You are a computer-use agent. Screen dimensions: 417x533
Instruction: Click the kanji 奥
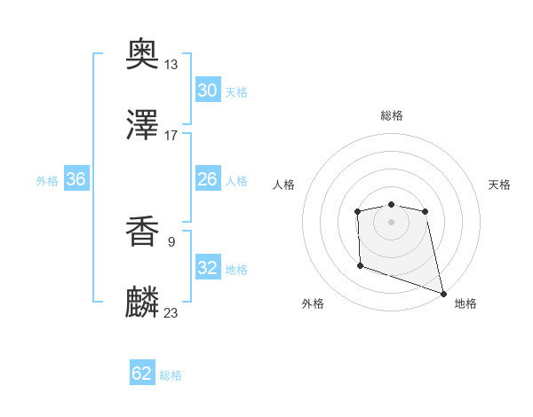click(x=143, y=56)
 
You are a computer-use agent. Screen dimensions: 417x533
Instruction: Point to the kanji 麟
click(x=143, y=302)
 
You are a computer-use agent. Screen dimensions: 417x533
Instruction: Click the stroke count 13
click(x=171, y=65)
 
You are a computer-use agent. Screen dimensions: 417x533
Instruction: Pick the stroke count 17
click(x=171, y=135)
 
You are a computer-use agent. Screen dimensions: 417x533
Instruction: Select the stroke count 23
click(x=171, y=311)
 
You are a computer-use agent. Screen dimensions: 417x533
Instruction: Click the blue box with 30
click(x=207, y=90)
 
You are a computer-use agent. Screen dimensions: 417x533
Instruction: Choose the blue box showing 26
click(x=207, y=179)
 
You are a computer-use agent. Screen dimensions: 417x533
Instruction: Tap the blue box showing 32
click(x=207, y=268)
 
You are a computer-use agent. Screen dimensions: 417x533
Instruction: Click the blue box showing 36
click(x=76, y=179)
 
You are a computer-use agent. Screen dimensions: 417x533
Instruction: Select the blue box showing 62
click(x=142, y=374)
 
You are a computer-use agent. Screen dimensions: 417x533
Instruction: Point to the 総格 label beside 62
click(x=171, y=375)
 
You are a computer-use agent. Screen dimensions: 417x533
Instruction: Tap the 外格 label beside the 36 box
click(x=47, y=181)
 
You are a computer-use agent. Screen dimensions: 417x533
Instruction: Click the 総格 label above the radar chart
click(x=391, y=115)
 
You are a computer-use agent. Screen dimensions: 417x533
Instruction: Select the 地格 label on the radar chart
click(x=465, y=303)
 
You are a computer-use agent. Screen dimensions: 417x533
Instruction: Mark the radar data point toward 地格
click(x=443, y=293)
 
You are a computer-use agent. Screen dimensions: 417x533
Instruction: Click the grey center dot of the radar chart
click(x=391, y=221)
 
